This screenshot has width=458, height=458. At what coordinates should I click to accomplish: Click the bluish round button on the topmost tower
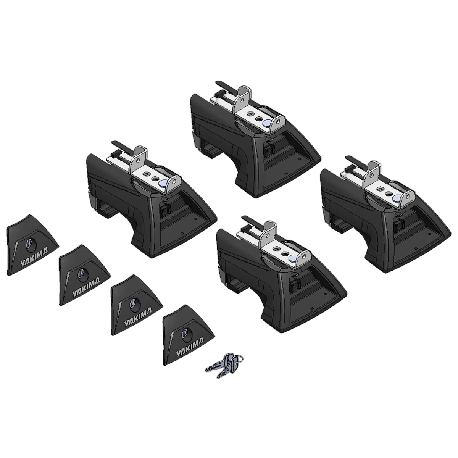[267, 123]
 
